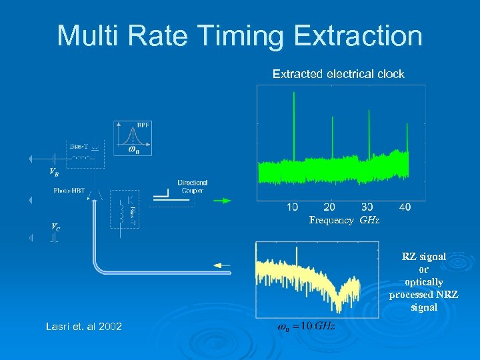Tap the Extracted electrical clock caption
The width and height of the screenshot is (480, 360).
click(338, 74)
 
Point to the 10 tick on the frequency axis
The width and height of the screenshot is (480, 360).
click(292, 207)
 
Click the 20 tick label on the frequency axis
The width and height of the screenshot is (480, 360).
click(329, 207)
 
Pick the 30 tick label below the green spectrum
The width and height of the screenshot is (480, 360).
click(366, 207)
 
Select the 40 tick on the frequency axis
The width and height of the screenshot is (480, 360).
click(403, 207)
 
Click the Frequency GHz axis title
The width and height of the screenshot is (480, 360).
click(344, 220)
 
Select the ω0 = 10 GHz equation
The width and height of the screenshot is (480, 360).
click(305, 326)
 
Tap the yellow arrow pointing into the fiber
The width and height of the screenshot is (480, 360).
click(221, 265)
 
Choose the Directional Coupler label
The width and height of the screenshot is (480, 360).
click(192, 186)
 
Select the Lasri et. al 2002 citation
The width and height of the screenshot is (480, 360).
click(83, 326)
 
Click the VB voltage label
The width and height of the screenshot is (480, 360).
click(53, 172)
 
